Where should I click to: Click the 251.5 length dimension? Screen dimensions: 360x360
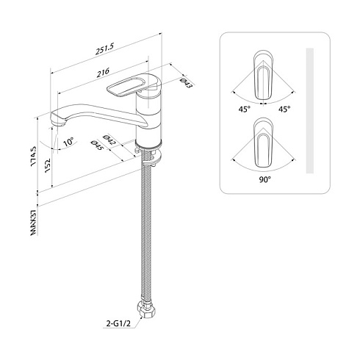click(x=105, y=49)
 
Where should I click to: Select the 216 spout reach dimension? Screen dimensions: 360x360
click(x=103, y=72)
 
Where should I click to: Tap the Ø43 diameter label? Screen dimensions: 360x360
click(x=186, y=83)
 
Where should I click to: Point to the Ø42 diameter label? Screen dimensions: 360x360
click(x=109, y=140)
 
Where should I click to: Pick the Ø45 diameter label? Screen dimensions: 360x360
click(x=96, y=146)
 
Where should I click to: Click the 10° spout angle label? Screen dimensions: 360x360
click(x=68, y=142)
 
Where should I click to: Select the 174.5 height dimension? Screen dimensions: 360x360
click(x=33, y=156)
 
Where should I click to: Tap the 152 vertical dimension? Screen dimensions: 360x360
click(x=48, y=165)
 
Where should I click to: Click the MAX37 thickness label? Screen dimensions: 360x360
click(x=33, y=223)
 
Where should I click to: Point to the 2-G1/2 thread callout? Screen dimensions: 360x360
click(x=118, y=324)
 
